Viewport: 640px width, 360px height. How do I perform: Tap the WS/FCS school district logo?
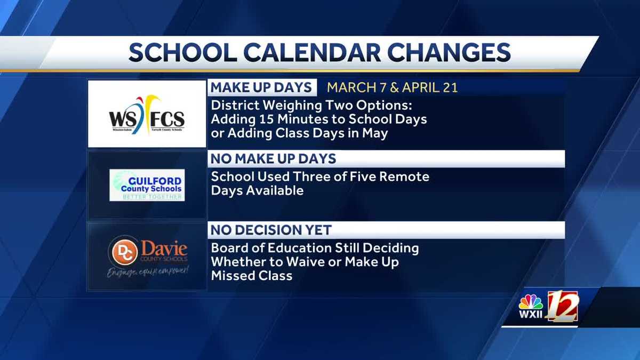pyautogui.click(x=147, y=114)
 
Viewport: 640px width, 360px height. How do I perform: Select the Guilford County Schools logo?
pyautogui.click(x=147, y=185)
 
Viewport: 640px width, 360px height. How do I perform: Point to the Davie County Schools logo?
pyautogui.click(x=147, y=257)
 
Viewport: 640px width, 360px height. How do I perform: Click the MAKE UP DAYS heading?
pyautogui.click(x=261, y=87)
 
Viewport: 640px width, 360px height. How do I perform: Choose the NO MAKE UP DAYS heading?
pyautogui.click(x=274, y=159)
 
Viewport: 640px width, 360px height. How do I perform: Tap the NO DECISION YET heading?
pyautogui.click(x=271, y=230)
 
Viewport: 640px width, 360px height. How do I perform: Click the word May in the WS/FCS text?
pyautogui.click(x=376, y=133)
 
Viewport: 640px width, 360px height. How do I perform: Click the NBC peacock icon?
pyautogui.click(x=531, y=302)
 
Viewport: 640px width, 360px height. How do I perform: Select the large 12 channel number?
pyautogui.click(x=562, y=306)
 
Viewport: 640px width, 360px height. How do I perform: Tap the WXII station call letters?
pyautogui.click(x=531, y=315)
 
